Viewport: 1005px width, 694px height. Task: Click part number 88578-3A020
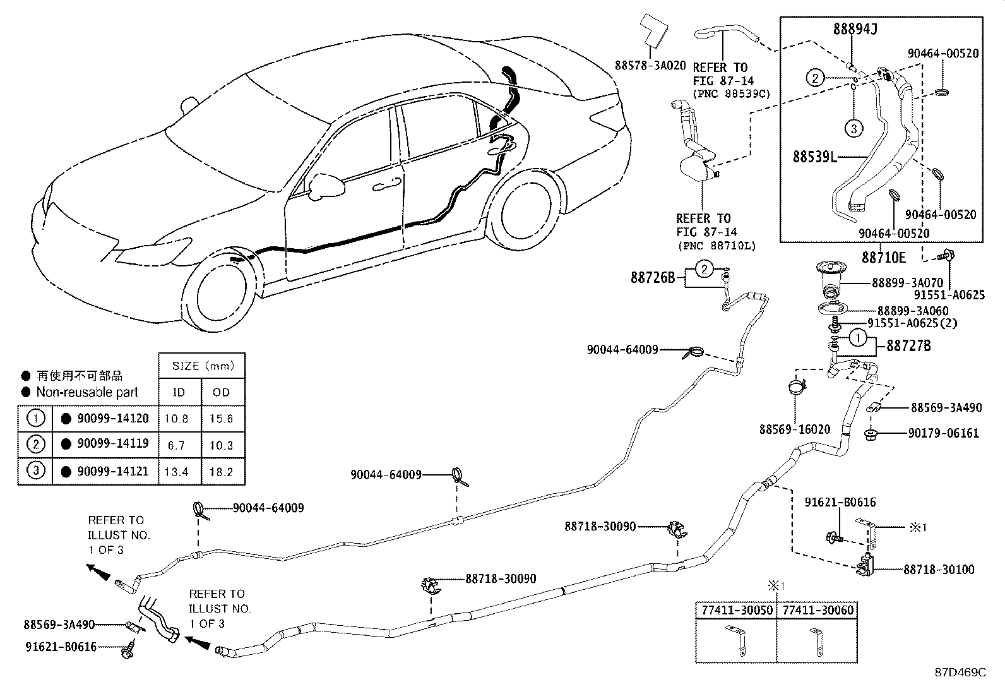[650, 65]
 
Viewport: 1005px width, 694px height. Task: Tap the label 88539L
[814, 156]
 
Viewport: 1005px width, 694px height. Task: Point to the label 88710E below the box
[884, 257]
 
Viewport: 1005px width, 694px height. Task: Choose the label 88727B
[908, 345]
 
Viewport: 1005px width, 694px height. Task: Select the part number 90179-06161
[944, 434]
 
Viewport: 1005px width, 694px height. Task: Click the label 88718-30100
[938, 570]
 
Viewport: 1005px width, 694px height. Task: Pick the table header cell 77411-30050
[735, 610]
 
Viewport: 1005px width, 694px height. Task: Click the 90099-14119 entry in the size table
[112, 443]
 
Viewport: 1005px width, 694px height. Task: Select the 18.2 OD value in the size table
[221, 472]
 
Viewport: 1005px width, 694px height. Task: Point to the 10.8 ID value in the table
[176, 419]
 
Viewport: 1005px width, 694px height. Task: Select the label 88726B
[652, 277]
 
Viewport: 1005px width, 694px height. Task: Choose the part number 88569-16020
[794, 429]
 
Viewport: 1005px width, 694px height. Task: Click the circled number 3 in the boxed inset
[853, 129]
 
